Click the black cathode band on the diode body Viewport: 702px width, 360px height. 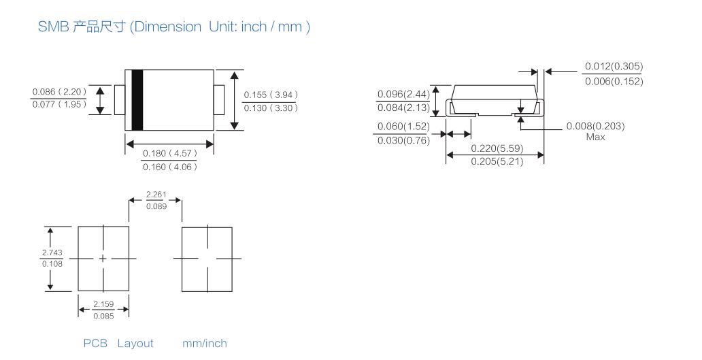click(x=137, y=100)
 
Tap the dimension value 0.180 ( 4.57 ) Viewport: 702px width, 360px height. click(x=169, y=154)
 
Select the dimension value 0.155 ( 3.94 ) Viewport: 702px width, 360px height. click(x=271, y=95)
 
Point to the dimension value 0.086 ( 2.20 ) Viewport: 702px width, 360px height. click(x=59, y=92)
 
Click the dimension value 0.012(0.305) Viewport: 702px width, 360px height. click(x=614, y=67)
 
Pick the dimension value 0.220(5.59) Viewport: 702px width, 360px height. click(x=497, y=148)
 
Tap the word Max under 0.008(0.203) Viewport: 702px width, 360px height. click(x=595, y=137)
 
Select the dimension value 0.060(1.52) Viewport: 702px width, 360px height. click(x=403, y=127)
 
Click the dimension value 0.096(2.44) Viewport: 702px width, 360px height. click(x=403, y=95)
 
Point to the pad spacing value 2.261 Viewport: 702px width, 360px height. click(x=156, y=195)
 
